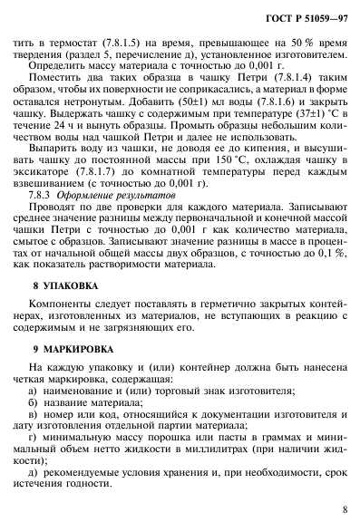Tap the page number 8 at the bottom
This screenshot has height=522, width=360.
(345, 509)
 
